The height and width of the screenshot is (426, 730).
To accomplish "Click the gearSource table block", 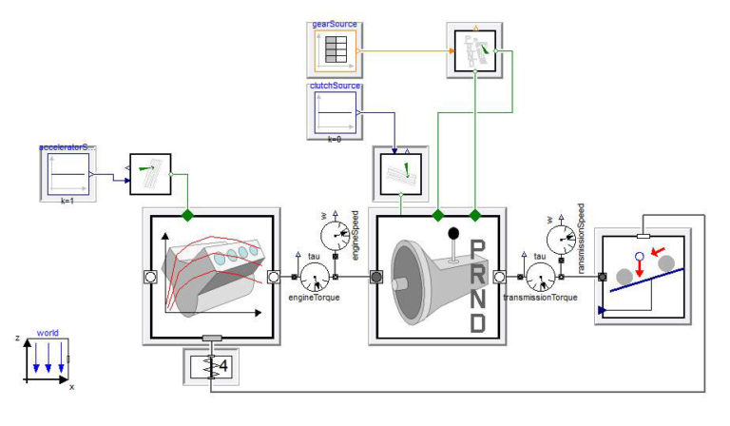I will (334, 49).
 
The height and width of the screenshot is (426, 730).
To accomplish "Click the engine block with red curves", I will (208, 277).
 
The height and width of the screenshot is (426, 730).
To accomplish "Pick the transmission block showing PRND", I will (437, 277).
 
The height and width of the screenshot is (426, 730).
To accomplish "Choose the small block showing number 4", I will (208, 366).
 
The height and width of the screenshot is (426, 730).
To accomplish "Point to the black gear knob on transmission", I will (452, 233).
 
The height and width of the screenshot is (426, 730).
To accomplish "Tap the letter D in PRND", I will (478, 322).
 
